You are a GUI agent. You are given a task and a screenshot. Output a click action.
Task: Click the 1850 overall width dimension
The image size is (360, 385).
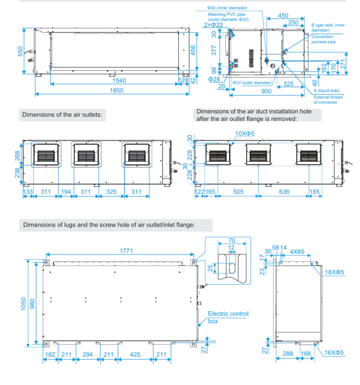click(116, 91)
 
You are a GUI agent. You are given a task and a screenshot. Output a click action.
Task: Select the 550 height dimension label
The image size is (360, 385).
click(20, 51)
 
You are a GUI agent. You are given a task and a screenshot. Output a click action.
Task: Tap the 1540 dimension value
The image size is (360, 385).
click(119, 81)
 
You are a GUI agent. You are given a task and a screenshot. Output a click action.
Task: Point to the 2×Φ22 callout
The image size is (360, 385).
click(213, 25)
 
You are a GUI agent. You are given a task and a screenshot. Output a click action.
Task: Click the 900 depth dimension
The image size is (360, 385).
click(266, 92)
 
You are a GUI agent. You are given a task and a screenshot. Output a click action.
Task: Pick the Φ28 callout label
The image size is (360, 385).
click(214, 79)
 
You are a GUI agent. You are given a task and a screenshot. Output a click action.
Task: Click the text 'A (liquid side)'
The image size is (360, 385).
click(327, 91)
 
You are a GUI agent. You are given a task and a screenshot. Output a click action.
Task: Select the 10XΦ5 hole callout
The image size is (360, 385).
click(245, 134)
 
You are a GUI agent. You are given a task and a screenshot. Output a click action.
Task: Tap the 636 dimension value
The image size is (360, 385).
click(284, 192)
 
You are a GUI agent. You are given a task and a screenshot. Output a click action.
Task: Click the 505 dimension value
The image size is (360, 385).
click(238, 192)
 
